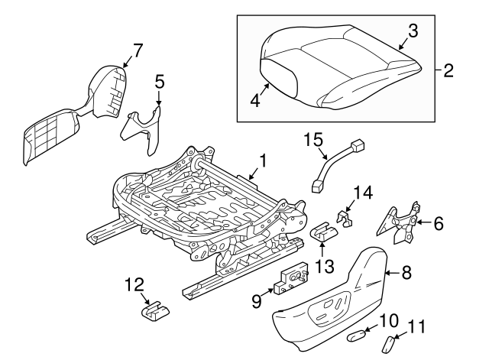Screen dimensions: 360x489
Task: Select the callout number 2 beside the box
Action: tap(448, 71)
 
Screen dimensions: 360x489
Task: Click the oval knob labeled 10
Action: tap(358, 334)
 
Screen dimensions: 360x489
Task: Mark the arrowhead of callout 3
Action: tap(400, 48)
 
